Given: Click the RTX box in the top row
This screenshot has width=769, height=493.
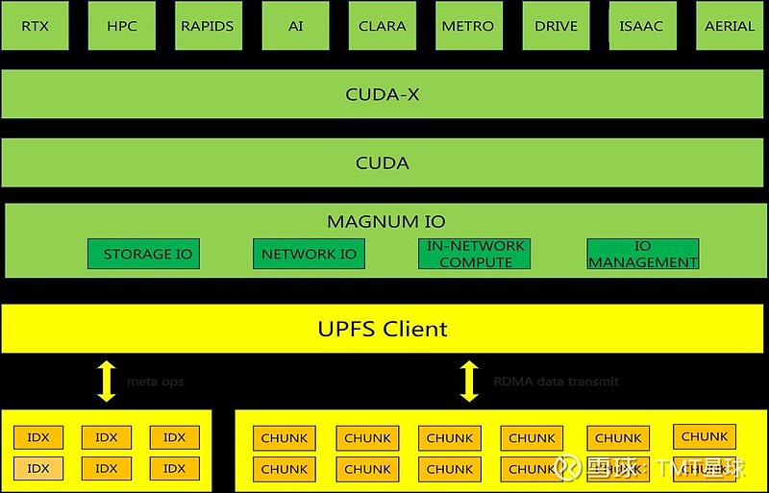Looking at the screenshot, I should coord(36,26).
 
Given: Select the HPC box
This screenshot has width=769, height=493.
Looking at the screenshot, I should coord(122,26).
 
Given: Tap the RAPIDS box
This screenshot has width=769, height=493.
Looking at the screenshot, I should coord(208,26).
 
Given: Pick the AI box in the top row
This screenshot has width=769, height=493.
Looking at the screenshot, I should coord(295,26).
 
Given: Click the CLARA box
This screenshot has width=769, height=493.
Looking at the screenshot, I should coord(383,26).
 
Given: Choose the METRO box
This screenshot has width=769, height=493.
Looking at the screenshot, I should coord(468,26).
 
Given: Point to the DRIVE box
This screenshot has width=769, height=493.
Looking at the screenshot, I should coord(556,26).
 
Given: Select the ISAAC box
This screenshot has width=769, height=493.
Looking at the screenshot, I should coord(641,26).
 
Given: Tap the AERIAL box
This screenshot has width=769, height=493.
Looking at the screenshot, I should coord(730,26).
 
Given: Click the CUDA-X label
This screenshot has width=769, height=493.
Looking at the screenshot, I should coord(383,95).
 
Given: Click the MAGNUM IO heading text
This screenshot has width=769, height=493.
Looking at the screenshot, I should coord(385,221).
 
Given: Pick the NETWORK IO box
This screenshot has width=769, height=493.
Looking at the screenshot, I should coord(309,254).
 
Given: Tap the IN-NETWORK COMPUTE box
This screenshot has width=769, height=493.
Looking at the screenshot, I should coord(475,254).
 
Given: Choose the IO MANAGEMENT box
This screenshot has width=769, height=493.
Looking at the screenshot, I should coord(642,254).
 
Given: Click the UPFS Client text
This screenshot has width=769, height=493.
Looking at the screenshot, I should coord(383,329).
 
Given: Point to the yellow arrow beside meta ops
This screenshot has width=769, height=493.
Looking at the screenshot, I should coord(106,381).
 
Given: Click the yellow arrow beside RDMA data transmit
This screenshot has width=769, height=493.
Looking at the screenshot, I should coord(469,381).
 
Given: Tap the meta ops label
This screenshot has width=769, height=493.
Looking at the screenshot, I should coord(155,382).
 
